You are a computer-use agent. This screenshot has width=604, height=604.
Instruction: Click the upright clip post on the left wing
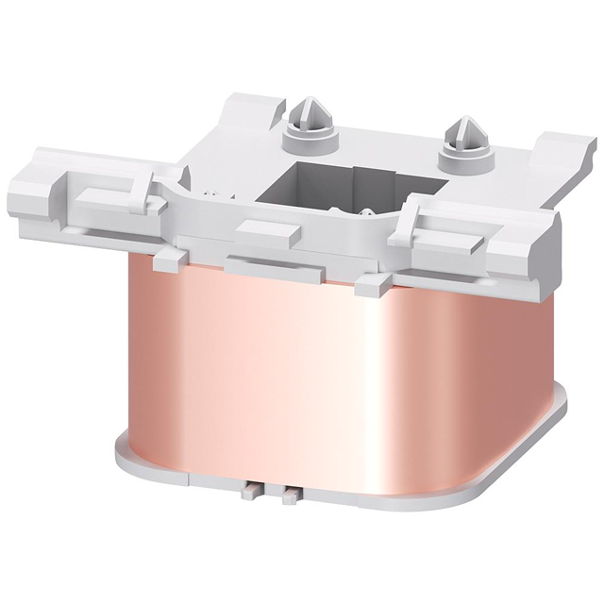pos(142,179)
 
